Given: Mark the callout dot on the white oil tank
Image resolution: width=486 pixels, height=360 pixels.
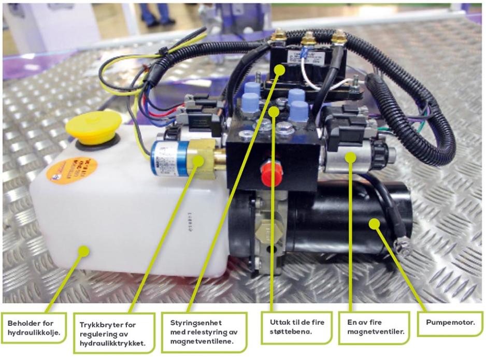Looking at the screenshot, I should [83, 251].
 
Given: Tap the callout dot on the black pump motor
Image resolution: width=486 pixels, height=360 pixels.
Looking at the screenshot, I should [374, 223].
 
